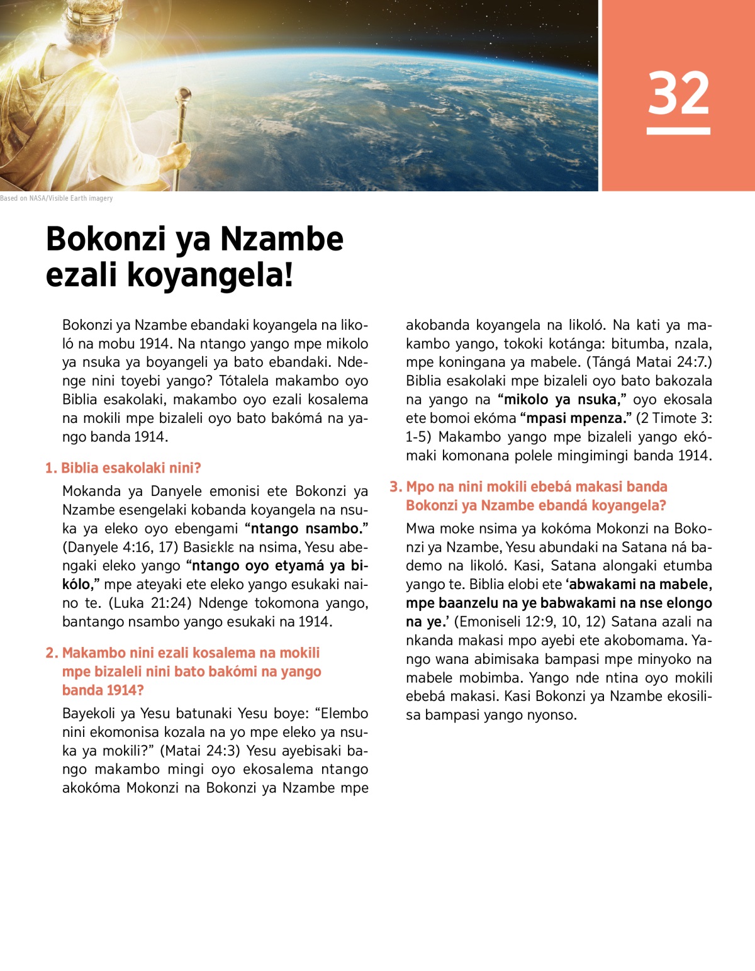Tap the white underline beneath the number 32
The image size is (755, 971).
678,131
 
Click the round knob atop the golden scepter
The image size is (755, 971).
185,95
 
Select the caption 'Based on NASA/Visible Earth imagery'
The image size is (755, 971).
57,198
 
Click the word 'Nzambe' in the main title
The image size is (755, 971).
281,239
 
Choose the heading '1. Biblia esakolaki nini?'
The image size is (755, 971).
123,468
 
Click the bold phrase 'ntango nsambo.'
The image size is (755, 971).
306,529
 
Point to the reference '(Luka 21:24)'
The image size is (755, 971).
150,603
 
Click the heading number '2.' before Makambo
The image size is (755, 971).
52,653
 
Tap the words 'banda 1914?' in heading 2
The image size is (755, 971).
103,690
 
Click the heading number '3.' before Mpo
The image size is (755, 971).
396,486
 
